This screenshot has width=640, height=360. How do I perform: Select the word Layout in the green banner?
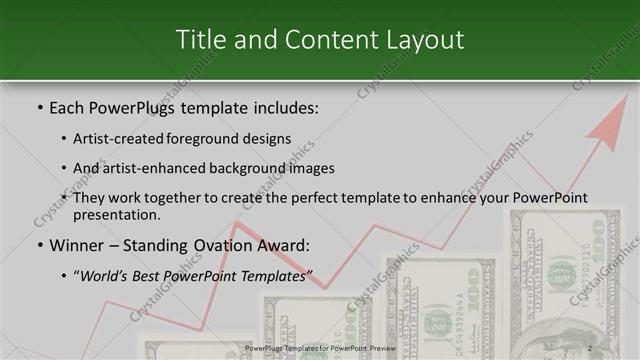coord(424,40)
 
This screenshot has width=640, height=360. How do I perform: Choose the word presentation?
coord(118,214)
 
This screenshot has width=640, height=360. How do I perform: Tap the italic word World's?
coord(105,276)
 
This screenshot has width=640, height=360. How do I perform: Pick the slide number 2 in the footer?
coord(590,348)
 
